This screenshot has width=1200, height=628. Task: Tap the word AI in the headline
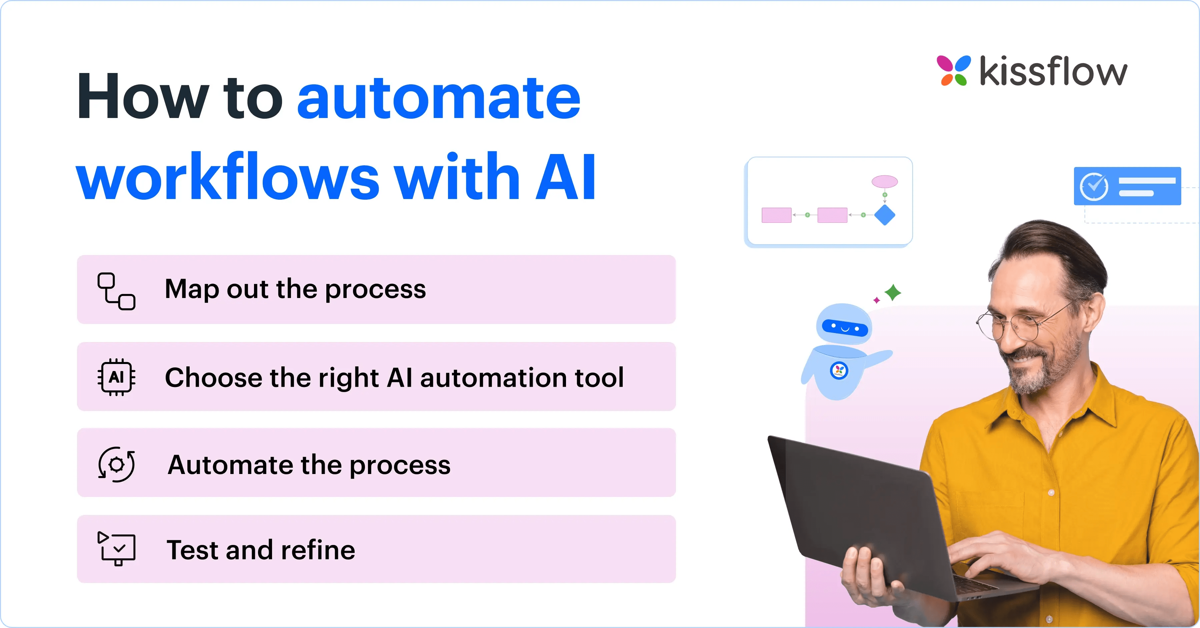[x=566, y=178]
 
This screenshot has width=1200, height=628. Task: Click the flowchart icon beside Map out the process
[x=116, y=291]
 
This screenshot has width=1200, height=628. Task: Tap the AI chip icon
[x=116, y=377]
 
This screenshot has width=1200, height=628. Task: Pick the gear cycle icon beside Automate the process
[x=116, y=464]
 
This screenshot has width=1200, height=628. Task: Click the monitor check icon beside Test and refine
[x=117, y=548]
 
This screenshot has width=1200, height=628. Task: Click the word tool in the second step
[x=599, y=377]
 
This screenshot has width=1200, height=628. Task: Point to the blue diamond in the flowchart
[x=885, y=215]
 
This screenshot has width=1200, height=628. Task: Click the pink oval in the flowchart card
[x=885, y=182]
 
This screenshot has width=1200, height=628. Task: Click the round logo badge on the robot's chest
[x=839, y=371]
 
